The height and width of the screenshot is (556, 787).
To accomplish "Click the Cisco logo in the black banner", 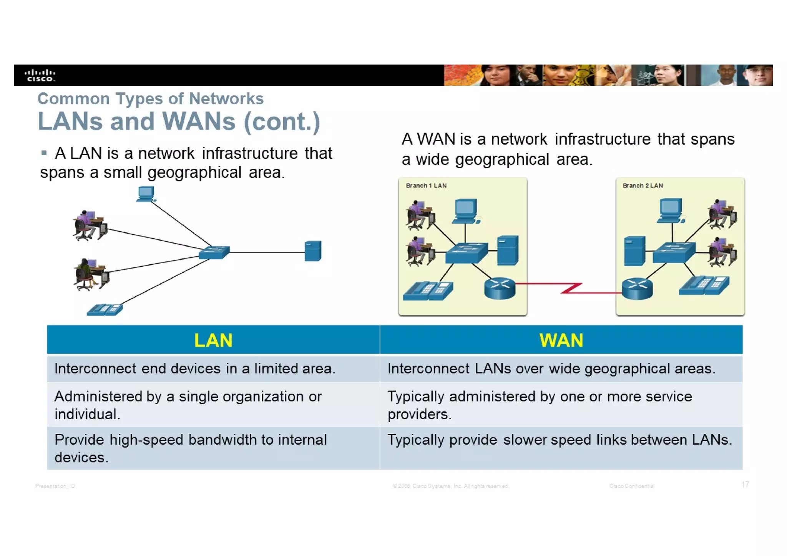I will [x=40, y=75].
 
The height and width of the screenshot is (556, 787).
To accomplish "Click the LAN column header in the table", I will [x=213, y=340].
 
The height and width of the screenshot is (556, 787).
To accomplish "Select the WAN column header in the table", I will [x=561, y=340].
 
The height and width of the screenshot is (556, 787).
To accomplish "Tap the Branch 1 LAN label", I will [x=426, y=186].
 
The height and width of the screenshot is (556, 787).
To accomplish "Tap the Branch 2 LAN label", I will [x=643, y=186].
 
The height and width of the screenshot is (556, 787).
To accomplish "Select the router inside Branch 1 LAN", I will [x=500, y=288].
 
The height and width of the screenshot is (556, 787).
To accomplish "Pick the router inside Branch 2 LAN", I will [x=637, y=289].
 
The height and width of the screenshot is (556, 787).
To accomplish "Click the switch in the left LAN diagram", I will [x=214, y=252].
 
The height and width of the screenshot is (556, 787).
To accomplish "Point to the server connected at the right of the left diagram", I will [x=313, y=251].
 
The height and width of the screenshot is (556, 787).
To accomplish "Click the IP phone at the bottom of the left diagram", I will [x=105, y=309].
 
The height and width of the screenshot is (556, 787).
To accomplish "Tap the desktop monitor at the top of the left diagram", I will [x=146, y=194].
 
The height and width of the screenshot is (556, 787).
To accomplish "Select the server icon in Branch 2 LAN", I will [x=634, y=251].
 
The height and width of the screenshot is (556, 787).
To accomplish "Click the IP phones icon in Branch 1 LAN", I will [x=428, y=291].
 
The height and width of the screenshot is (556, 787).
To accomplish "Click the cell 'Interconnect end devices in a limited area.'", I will [x=195, y=368].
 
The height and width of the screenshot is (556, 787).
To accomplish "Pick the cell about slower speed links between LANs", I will [x=560, y=440].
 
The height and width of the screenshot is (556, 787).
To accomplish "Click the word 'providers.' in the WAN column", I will [x=419, y=414].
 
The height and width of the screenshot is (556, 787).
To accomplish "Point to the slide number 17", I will [x=745, y=484].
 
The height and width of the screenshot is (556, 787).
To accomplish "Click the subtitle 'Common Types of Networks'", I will [x=150, y=99].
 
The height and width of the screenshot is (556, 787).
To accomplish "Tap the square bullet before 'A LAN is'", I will [x=44, y=153].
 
